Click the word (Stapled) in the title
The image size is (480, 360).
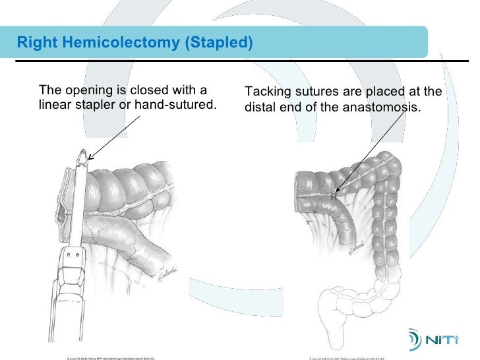(x=220, y=44)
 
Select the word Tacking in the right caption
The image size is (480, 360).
(x=269, y=92)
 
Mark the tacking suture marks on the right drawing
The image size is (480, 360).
(x=334, y=195)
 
